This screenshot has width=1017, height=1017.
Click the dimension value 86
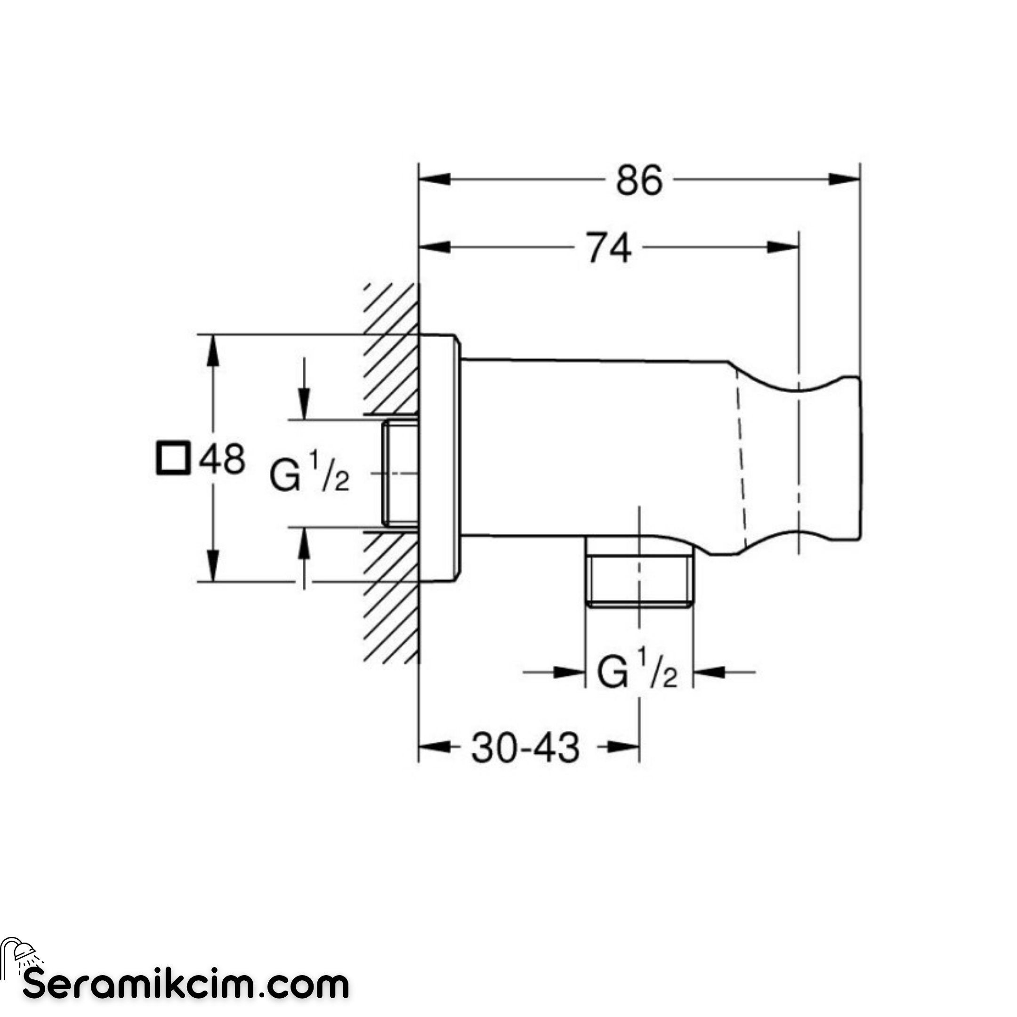click(639, 180)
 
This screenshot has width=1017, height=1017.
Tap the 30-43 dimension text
click(525, 748)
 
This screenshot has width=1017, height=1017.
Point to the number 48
click(222, 459)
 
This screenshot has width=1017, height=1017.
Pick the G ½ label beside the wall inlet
click(309, 475)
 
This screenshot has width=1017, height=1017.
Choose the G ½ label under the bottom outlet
click(638, 669)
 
